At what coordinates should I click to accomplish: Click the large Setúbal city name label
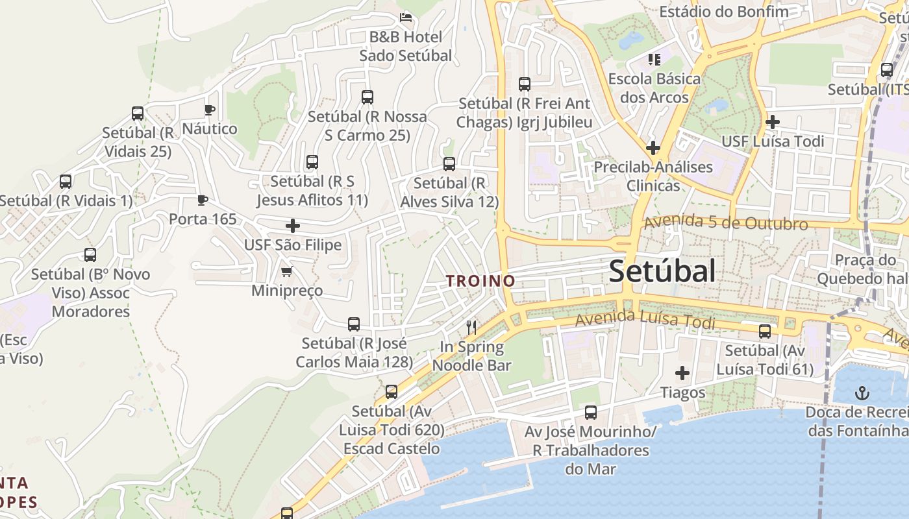coord(662,271)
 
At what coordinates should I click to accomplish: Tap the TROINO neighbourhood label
coord(480,281)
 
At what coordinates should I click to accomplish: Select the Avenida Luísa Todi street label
coord(645,320)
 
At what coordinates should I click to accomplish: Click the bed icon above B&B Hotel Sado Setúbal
coord(406,17)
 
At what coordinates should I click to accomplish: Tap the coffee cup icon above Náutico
coord(209,110)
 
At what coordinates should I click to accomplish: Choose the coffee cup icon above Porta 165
coord(203,200)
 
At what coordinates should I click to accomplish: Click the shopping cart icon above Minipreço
coord(286,271)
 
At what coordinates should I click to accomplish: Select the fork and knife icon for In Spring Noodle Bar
coord(472,328)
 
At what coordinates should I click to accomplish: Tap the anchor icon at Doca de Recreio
coord(862,392)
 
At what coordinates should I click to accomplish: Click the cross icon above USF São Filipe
coord(293,226)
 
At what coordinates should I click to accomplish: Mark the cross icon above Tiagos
coord(682,373)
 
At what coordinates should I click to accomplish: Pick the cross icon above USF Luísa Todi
coord(772,122)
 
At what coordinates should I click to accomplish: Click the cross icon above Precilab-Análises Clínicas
coord(653,148)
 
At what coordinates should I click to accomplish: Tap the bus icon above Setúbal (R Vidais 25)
coord(138,114)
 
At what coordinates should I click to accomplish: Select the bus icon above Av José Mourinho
coord(590,412)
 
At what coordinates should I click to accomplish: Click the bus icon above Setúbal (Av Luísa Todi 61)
coord(765,332)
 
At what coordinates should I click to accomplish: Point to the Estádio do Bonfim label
coord(724,12)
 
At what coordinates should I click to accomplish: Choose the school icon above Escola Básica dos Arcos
coord(654,60)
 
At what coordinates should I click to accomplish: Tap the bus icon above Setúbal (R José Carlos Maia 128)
coord(354,324)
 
